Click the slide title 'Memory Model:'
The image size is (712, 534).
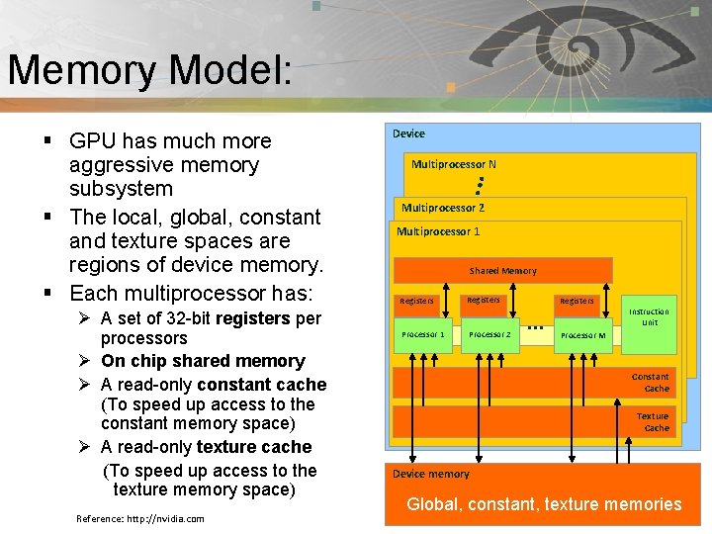point(148,70)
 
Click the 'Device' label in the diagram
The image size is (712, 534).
point(408,133)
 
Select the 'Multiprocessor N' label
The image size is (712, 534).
point(453,164)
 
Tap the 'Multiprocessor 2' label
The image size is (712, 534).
point(442,208)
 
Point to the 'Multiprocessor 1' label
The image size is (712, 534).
point(438,231)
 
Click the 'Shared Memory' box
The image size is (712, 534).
point(502,270)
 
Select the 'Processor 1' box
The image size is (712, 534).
point(422,334)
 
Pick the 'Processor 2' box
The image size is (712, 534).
point(489,334)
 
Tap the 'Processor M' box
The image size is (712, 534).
point(582,335)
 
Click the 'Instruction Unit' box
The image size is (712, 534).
point(649,317)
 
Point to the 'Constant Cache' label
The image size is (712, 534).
point(650,383)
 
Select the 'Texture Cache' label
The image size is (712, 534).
point(652,422)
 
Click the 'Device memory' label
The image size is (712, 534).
point(430,475)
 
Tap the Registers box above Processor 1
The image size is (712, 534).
point(417,301)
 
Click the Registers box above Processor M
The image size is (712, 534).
point(577,301)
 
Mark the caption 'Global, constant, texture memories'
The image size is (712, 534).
point(544,504)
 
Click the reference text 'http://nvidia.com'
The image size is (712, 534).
point(165,519)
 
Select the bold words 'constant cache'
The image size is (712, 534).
point(261,384)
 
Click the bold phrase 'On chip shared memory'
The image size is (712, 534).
point(203,361)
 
